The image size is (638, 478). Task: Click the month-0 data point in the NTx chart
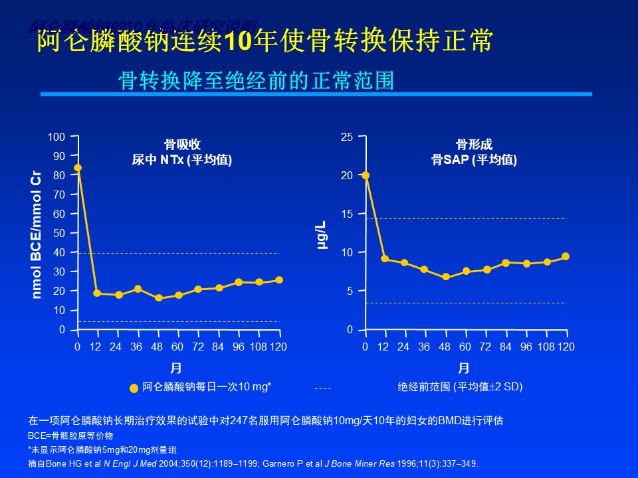[78, 168]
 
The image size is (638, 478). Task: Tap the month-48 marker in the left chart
[158, 298]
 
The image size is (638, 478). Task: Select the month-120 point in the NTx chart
[279, 280]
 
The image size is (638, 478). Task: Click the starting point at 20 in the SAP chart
[365, 175]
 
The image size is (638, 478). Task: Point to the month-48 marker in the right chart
[445, 277]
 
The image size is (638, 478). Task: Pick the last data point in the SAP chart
[566, 256]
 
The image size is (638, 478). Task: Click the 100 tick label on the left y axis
[56, 137]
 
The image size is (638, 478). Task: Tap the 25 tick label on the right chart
[346, 137]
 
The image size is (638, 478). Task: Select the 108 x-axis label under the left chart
[259, 347]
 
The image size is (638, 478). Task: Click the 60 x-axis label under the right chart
[465, 347]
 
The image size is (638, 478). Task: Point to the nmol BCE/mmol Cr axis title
[37, 234]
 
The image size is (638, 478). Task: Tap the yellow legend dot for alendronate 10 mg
[134, 388]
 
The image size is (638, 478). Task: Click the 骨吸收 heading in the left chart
[182, 145]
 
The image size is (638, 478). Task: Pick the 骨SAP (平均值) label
[474, 160]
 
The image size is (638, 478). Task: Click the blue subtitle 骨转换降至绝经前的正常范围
[256, 80]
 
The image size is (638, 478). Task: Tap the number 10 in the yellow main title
[240, 41]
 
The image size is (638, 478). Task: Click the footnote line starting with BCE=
[70, 436]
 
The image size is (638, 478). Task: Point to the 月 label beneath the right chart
[464, 368]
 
